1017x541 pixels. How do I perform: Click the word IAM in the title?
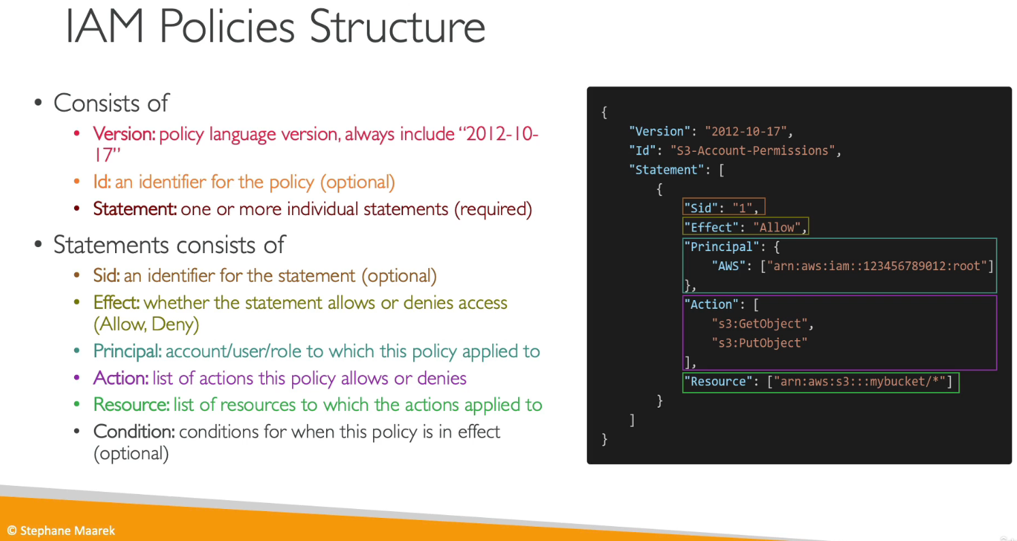[105, 27]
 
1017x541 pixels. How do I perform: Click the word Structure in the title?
[398, 27]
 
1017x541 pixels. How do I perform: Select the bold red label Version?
[124, 134]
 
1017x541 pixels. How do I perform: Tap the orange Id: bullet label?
[101, 182]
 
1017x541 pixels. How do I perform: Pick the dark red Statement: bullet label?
[135, 209]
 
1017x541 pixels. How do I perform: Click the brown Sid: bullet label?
[106, 276]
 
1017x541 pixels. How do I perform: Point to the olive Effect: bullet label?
[116, 302]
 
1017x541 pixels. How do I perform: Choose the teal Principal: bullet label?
[127, 351]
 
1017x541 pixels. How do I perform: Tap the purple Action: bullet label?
[120, 378]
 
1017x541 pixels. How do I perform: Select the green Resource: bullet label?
[131, 404]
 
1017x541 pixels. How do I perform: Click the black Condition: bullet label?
[134, 431]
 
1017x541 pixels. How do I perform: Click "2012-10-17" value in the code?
[746, 131]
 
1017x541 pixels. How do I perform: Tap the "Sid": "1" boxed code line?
[724, 207]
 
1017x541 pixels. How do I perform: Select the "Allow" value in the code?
[777, 227]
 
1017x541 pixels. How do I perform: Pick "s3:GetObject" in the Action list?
[760, 324]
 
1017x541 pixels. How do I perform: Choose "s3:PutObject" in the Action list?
[760, 343]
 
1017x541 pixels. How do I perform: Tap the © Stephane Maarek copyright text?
[61, 531]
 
